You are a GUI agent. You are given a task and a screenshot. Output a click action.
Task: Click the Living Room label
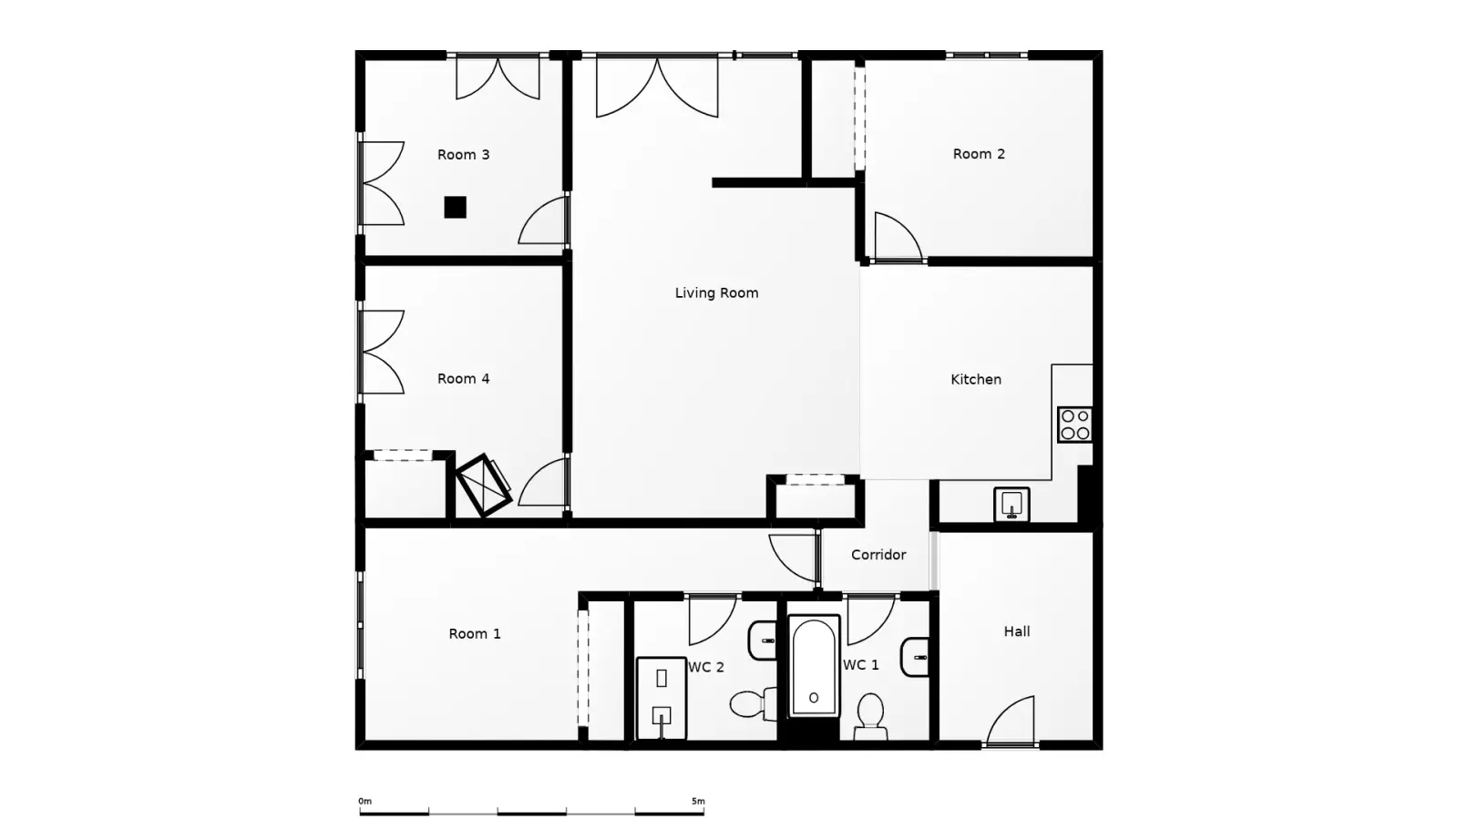coord(716,292)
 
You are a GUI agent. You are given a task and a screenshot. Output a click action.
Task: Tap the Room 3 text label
coord(464,155)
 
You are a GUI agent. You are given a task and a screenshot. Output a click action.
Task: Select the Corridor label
coord(878,555)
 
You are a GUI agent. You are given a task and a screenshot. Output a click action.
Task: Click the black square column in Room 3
coord(455,208)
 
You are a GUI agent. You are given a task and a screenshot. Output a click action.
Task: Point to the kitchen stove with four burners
coord(1074,425)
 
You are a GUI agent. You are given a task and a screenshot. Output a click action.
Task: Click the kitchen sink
coord(1011,505)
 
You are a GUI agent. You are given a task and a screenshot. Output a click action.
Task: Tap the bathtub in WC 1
coord(814,666)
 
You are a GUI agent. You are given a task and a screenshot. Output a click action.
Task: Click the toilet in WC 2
coord(754,704)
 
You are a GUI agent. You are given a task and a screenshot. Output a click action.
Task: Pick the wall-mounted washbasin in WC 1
coord(915,657)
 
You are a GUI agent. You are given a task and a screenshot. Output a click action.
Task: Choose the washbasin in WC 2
coord(763,641)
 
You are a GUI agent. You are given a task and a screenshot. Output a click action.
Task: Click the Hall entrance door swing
coord(1011,721)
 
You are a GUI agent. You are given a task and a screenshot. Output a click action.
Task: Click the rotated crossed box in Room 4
coord(483,486)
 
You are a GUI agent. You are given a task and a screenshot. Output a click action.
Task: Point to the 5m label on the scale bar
coord(698,801)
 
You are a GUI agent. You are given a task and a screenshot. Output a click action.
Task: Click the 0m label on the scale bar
coord(364,801)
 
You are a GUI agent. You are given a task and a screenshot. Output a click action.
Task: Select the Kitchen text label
coord(976,379)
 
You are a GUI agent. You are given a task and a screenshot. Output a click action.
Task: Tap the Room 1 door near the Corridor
coord(794,559)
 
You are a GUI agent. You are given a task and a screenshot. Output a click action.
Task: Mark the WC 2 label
coord(706,667)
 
